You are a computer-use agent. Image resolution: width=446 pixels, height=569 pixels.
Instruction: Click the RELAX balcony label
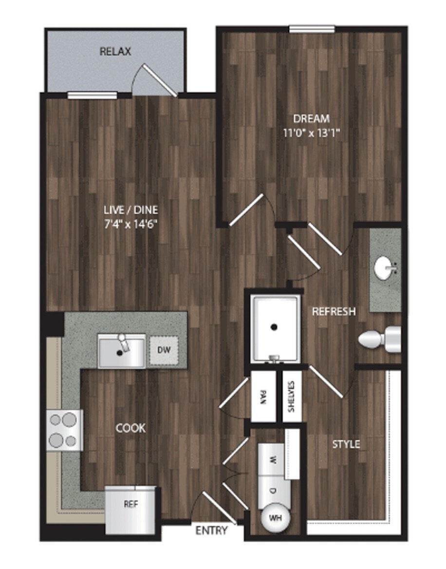(x=115, y=52)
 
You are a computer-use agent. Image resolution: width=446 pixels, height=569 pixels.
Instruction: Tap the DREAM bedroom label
(x=312, y=119)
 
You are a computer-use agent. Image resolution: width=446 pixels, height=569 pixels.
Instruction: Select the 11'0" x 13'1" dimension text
(x=312, y=133)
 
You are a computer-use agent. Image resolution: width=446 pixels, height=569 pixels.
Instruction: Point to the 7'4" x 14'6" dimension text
(x=131, y=225)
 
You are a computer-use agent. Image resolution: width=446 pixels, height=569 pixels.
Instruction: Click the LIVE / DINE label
(x=131, y=210)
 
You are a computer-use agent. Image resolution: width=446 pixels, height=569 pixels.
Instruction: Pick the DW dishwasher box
(x=164, y=350)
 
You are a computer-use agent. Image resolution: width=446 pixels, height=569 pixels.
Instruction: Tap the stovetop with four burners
(x=65, y=430)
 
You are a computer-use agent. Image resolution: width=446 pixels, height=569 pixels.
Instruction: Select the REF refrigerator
(x=131, y=510)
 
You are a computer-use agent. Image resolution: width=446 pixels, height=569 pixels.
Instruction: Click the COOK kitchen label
(x=130, y=428)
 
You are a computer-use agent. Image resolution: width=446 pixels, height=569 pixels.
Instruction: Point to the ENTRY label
(x=211, y=531)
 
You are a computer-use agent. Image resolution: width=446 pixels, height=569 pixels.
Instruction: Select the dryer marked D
(x=274, y=491)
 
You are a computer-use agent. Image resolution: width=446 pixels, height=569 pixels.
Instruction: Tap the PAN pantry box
(x=263, y=397)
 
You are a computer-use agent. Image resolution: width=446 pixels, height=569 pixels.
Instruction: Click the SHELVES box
(x=292, y=397)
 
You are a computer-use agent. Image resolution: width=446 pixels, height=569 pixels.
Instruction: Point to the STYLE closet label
(x=346, y=444)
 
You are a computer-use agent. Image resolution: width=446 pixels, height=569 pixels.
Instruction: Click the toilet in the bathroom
(x=380, y=339)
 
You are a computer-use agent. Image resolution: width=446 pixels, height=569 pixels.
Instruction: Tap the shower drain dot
(x=274, y=327)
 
